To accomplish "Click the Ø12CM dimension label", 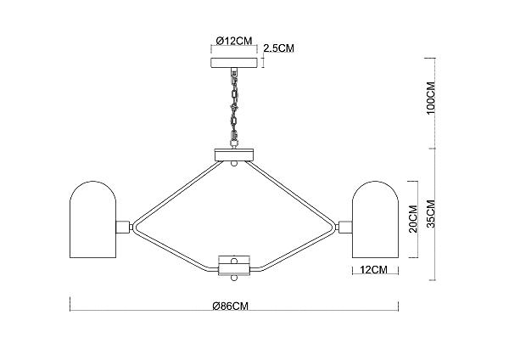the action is point(234,41).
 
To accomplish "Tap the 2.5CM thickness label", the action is point(279,48).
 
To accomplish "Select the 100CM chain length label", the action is point(431,98).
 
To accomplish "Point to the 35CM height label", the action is point(431,214).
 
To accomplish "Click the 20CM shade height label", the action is point(413,219).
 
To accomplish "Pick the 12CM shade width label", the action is point(373,270).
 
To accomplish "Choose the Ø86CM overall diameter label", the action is point(231,306).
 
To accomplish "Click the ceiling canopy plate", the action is point(234,63).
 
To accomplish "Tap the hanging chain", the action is point(234,108).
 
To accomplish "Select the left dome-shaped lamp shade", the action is point(93,220).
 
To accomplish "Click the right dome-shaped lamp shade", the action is point(375,220).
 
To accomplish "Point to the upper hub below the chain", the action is point(234,155).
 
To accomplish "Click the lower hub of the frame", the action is point(234,266).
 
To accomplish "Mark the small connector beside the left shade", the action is point(124,227).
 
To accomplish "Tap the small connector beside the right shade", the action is point(344,227).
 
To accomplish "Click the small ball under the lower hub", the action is point(234,278).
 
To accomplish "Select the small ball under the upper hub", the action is point(234,163).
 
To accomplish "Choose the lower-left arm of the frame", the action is point(176,249).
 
